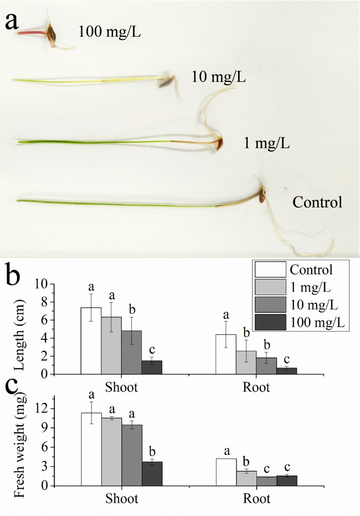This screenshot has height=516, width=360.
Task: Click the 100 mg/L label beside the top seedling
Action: point(110,32)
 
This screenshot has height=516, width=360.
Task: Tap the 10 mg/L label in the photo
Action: point(219,77)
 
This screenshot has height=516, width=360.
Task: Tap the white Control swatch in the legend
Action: point(270,270)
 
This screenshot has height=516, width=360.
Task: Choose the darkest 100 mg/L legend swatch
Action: point(270,323)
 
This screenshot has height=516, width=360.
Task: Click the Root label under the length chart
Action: point(256,388)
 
